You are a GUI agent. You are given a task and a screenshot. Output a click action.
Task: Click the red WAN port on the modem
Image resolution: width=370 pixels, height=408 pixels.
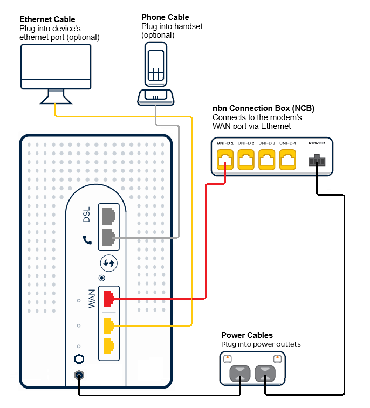tap(108, 298)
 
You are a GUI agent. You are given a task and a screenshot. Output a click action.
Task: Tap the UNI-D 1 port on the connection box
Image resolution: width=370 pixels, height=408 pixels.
tap(225, 160)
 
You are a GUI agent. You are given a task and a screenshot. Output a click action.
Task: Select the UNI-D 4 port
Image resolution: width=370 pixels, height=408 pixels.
tap(288, 160)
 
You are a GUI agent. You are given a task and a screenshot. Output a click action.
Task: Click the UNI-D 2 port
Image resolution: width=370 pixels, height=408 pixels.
tap(246, 160)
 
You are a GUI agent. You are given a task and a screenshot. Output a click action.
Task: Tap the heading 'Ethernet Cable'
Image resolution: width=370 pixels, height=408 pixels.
tap(47, 20)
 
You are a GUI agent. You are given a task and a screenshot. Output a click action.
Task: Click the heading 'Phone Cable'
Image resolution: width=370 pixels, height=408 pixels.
tap(165, 17)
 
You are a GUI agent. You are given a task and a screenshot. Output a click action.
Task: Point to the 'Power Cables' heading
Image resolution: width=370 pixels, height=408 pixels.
tap(247, 335)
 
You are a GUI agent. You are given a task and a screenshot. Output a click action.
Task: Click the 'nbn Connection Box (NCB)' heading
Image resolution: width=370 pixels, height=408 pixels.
tap(263, 108)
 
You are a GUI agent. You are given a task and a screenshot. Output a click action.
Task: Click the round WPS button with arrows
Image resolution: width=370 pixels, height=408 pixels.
tap(109, 264)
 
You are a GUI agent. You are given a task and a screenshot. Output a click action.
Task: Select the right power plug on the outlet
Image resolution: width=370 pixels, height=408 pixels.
tap(265, 373)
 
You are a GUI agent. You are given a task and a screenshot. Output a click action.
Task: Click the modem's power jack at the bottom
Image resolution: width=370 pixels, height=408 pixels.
tap(79, 376)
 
